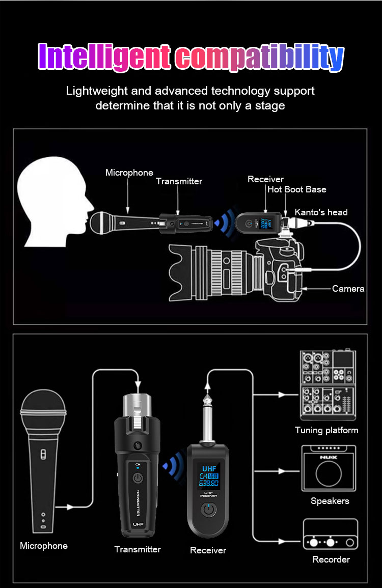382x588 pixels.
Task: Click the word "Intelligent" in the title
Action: point(104,57)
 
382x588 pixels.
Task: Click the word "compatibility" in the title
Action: point(260,58)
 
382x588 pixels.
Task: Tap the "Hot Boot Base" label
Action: point(297,189)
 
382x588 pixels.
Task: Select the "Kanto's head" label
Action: point(321,212)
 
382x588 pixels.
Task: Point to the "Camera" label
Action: point(348,289)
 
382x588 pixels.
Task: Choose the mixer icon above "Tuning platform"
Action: point(328,385)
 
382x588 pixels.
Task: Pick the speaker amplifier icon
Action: point(329,468)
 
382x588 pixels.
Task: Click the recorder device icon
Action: point(330,535)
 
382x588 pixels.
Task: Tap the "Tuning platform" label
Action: point(326,430)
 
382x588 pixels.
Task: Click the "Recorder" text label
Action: point(331,559)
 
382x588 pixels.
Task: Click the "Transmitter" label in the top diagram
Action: point(179,181)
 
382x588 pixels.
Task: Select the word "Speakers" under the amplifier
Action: point(330,501)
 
